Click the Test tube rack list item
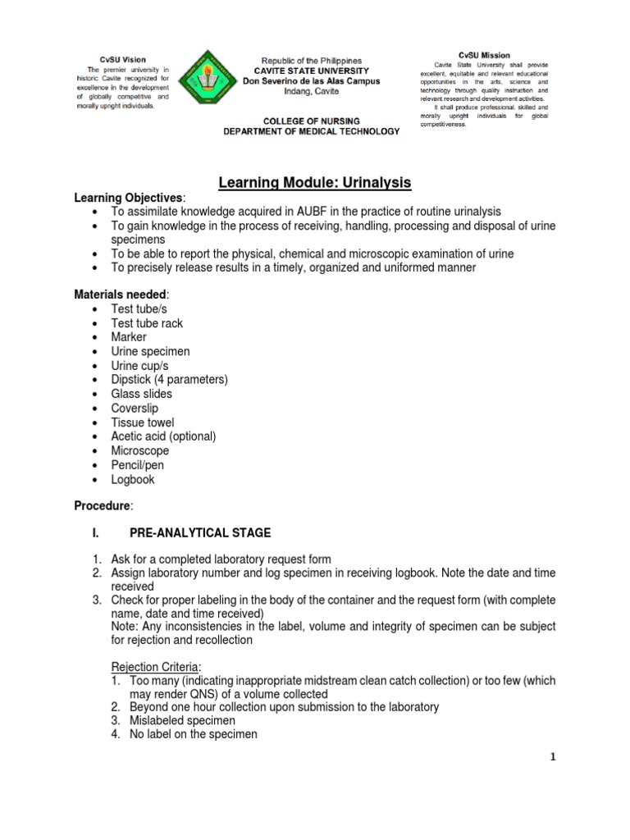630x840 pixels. [147, 323]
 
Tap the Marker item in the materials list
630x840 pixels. [129, 337]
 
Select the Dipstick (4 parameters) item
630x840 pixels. [169, 380]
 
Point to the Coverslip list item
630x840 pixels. [135, 408]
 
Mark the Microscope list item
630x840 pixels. [139, 450]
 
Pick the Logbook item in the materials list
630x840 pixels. [132, 479]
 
